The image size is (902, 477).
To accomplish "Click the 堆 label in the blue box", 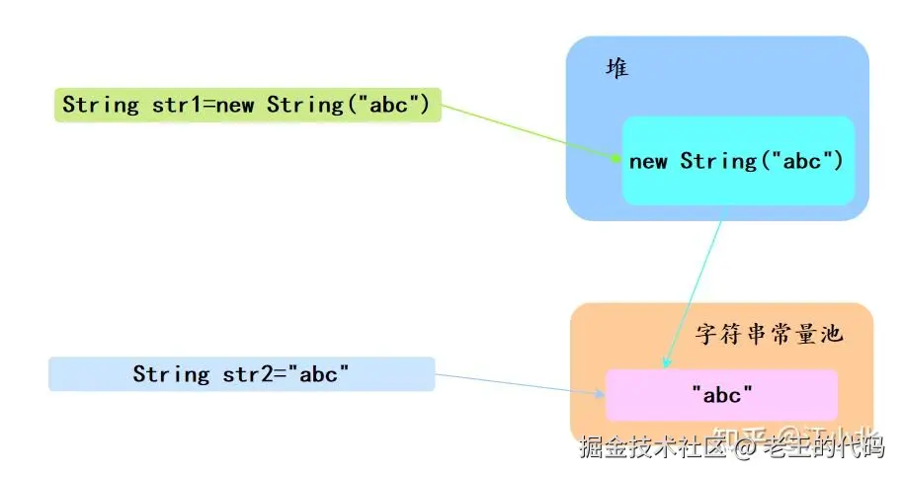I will point(617,69).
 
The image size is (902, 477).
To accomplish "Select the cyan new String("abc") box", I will point(736,161).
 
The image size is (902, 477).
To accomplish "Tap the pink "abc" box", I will point(721,395).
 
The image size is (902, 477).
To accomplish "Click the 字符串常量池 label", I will point(769,334).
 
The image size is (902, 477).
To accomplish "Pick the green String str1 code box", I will point(246,105).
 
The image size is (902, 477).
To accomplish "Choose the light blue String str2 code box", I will point(241,374).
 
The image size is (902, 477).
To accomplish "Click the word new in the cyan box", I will point(648,161).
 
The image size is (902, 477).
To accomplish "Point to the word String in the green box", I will point(101,105).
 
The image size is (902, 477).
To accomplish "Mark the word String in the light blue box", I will point(171,374).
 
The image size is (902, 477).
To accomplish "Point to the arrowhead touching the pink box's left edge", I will point(601,393).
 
